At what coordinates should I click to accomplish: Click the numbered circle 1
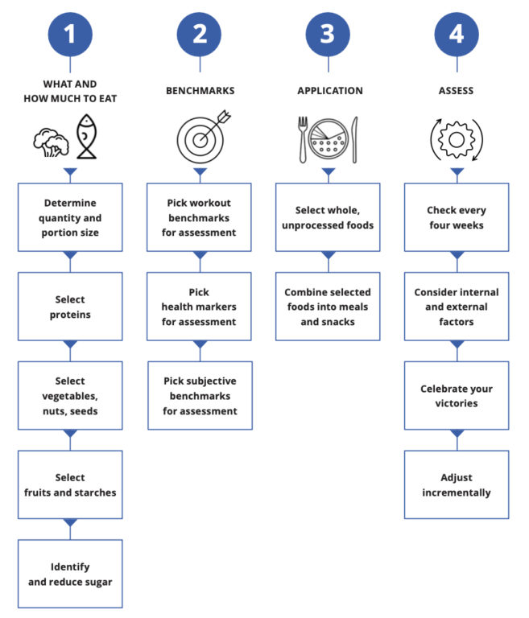point(69,34)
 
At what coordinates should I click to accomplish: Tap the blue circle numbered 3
point(328,34)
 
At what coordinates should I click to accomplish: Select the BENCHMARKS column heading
point(199,91)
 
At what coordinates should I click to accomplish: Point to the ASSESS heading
point(457,91)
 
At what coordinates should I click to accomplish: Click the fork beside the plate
point(303,139)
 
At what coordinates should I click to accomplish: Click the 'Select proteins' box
point(70,307)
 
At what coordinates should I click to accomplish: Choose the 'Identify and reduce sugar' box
point(70,573)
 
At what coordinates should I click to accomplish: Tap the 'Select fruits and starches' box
point(70,484)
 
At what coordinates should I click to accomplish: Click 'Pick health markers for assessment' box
point(199,307)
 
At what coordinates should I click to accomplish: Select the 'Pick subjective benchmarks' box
point(199,395)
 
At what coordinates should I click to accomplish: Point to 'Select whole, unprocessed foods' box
point(328,217)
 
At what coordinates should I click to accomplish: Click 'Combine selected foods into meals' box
point(328,307)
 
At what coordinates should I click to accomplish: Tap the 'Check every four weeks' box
point(457,217)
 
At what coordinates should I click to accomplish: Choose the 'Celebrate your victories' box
point(457,395)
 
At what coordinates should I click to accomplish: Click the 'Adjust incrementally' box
point(457,484)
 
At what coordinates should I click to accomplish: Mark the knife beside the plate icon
point(355,139)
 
